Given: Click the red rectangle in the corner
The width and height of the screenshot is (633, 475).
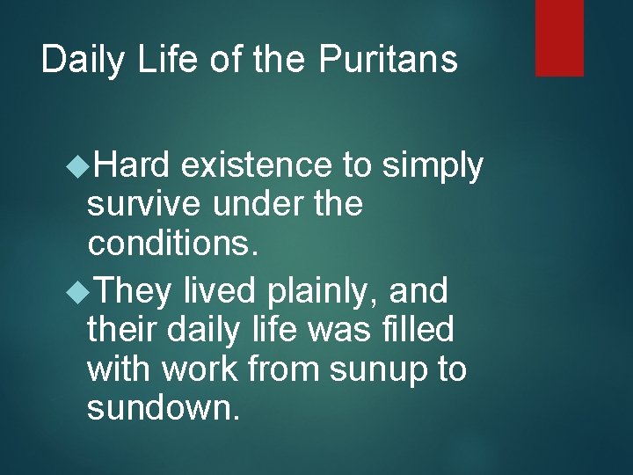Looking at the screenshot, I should (560, 37).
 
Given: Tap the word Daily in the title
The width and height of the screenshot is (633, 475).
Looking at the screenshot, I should (84, 60).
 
